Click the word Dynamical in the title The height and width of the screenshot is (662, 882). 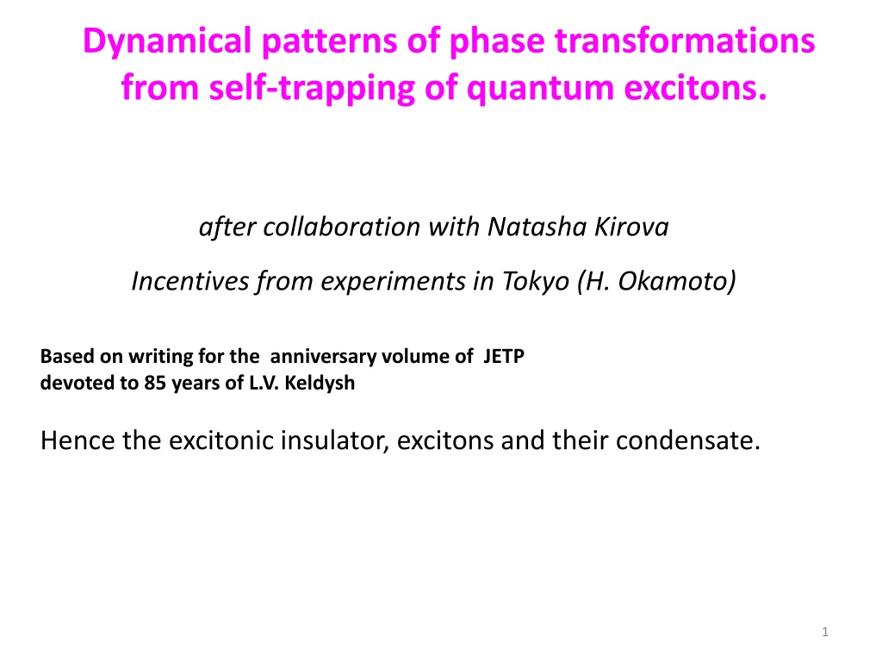167,42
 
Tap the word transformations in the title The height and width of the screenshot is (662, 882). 685,41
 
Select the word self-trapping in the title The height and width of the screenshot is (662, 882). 312,89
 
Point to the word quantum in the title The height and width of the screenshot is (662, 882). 540,90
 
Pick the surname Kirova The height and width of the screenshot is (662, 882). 631,227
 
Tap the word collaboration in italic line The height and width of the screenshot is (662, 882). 341,227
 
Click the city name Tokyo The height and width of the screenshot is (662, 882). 535,282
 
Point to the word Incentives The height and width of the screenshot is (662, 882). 189,282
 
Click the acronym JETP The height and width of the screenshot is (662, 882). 503,356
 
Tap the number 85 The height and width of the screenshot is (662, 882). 155,384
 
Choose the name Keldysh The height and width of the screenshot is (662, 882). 320,384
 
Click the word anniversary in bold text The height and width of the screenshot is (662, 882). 323,357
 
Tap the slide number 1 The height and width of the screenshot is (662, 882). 824,632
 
